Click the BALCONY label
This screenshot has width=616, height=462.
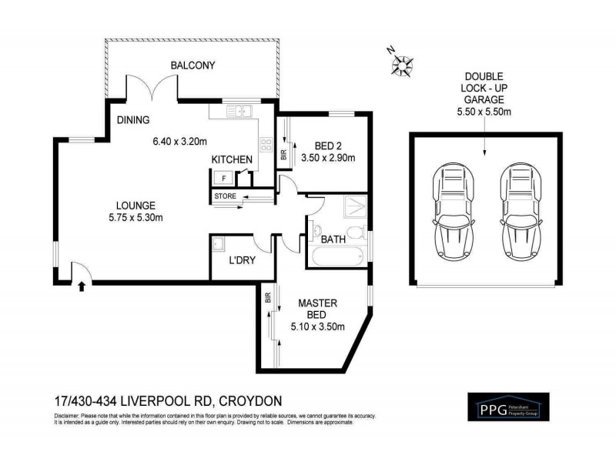coord(192,65)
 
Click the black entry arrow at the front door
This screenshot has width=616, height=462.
coord(82,286)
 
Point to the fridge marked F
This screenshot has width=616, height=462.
coord(224,178)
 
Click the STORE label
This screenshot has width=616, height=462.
coord(226,196)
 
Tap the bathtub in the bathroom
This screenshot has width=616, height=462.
coord(336,256)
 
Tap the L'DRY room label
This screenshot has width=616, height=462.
coord(243,259)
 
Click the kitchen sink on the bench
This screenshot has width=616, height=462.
coord(242,112)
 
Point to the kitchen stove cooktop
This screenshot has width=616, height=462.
coord(266,144)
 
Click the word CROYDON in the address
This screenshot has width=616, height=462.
coord(251,400)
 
